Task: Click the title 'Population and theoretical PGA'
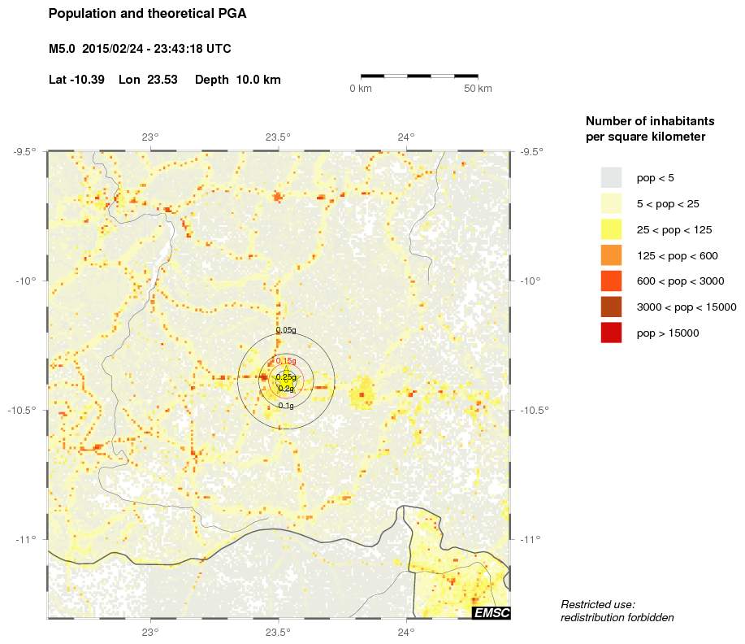(x=147, y=14)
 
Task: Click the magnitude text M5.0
(x=62, y=49)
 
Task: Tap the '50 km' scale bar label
(x=478, y=88)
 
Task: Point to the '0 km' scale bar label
(x=361, y=88)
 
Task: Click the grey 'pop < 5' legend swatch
(x=611, y=177)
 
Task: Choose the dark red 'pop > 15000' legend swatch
(x=611, y=333)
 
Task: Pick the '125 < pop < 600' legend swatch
(x=611, y=255)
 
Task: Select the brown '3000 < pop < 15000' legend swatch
(x=611, y=307)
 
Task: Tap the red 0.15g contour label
(x=286, y=360)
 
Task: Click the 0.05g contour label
(x=286, y=330)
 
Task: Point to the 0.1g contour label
(x=286, y=405)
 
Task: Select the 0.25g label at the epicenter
(x=286, y=376)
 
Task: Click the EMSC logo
(x=492, y=613)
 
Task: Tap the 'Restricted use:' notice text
(x=597, y=604)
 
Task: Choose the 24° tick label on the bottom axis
(x=406, y=631)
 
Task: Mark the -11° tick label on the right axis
(x=534, y=539)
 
